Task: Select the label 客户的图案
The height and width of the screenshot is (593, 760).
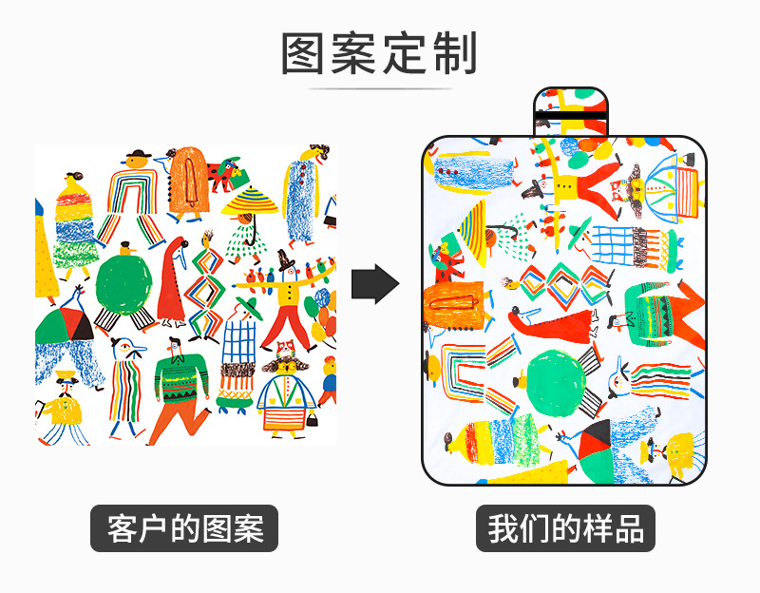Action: point(184,528)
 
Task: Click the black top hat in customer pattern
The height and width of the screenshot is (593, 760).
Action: point(283,258)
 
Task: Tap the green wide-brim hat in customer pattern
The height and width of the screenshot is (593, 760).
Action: point(248,306)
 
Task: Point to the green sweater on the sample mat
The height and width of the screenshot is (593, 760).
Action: point(661,314)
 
